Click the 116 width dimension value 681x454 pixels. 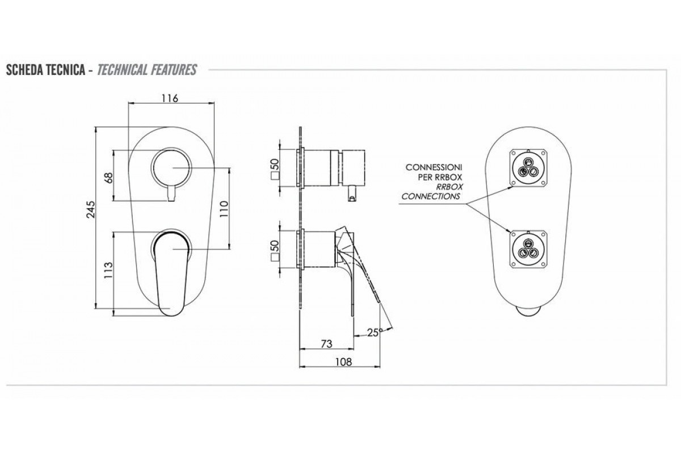pos(170,98)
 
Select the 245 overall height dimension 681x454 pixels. pos(91,209)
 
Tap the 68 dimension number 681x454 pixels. pos(108,178)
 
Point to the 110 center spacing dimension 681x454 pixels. pos(224,209)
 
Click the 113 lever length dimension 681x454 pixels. pos(108,270)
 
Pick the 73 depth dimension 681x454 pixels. pos(326,344)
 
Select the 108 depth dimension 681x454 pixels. pos(343,362)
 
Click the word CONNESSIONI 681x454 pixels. pos(434,167)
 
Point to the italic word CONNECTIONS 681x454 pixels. pos(431,196)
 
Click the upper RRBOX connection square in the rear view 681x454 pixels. pos(529,167)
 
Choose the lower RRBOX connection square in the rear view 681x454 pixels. pos(529,249)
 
